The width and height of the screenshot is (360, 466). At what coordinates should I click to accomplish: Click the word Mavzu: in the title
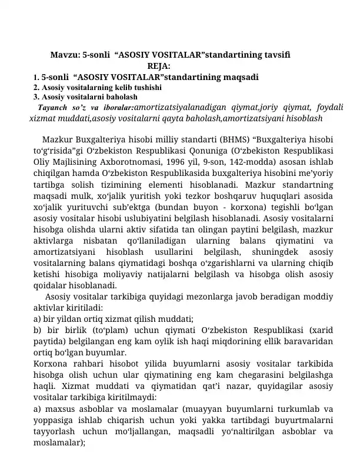(65, 55)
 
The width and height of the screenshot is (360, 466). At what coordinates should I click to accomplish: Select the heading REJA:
(159, 66)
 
